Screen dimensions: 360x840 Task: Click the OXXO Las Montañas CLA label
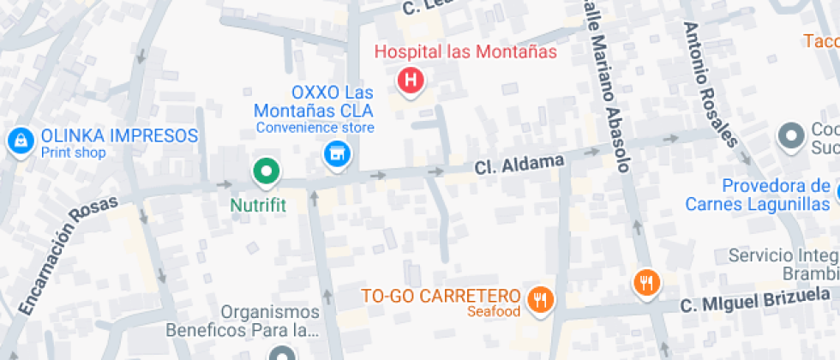click(x=313, y=101)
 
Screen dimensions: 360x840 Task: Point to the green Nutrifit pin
click(x=267, y=172)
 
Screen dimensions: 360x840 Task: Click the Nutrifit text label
click(x=257, y=206)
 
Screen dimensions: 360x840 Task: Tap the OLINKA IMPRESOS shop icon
click(x=19, y=141)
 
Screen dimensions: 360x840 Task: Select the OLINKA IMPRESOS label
click(x=119, y=135)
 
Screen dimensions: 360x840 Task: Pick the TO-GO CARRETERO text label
click(x=442, y=297)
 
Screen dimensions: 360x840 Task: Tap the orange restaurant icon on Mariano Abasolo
click(x=646, y=282)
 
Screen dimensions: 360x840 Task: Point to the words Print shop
click(x=73, y=153)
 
